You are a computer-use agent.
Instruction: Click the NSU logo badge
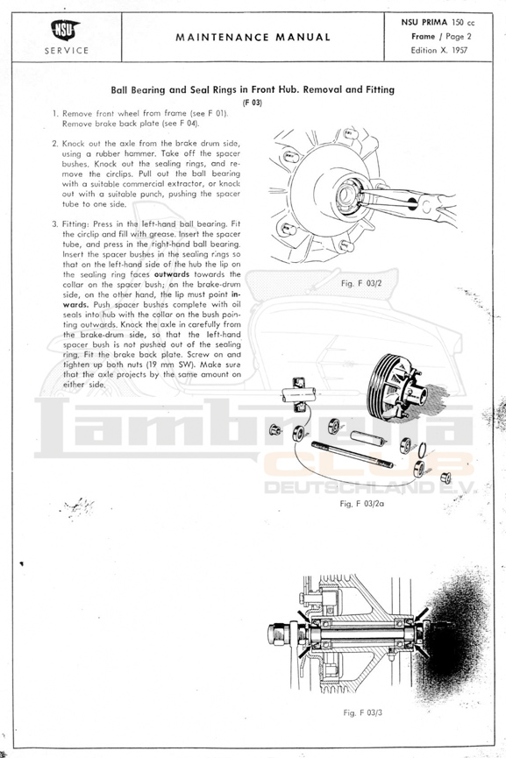[x=65, y=30]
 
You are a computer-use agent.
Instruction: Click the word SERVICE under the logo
[x=67, y=50]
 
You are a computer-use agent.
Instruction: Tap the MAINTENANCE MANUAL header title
[x=253, y=37]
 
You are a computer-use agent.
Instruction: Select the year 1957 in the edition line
[x=460, y=50]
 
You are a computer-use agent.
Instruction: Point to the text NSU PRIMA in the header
[x=424, y=22]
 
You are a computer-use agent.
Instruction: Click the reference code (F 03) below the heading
[x=253, y=103]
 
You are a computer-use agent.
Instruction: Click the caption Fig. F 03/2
[x=361, y=283]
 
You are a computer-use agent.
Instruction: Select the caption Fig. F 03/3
[x=363, y=712]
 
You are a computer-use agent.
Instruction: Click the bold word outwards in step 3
[x=172, y=274]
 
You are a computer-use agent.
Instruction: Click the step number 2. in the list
[x=55, y=144]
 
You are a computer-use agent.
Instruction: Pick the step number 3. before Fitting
[x=55, y=223]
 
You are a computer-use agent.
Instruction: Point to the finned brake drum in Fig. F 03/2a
[x=395, y=386]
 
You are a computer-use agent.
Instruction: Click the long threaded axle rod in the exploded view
[x=353, y=455]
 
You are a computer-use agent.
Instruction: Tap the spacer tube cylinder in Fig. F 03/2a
[x=367, y=438]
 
